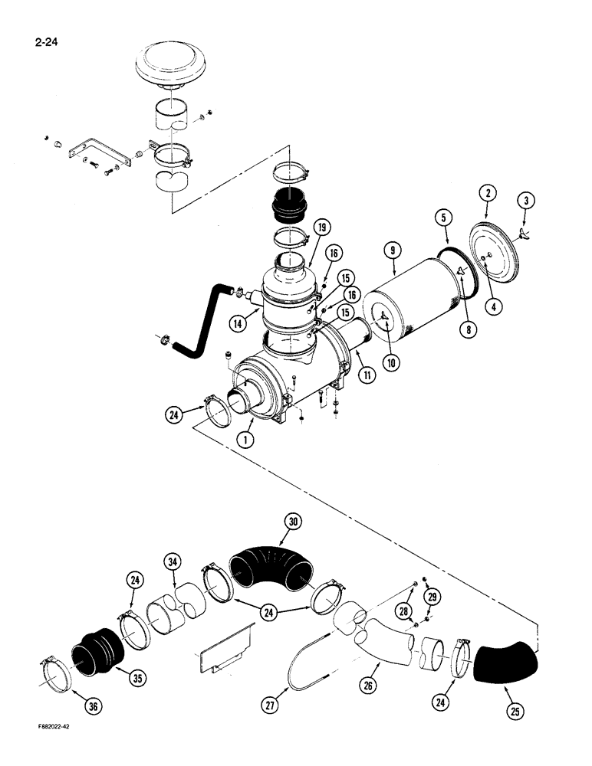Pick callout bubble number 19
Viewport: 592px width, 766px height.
click(321, 226)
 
